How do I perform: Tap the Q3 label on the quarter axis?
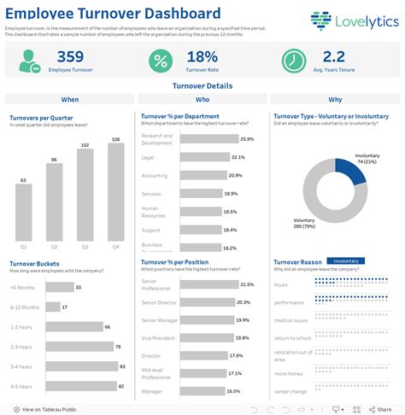coord(85,247)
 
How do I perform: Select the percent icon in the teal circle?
coord(160,61)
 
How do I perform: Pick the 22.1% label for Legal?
coord(238,157)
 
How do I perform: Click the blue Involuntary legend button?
coord(346,261)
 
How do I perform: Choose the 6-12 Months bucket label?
coord(24,307)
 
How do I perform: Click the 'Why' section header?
coord(336,100)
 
